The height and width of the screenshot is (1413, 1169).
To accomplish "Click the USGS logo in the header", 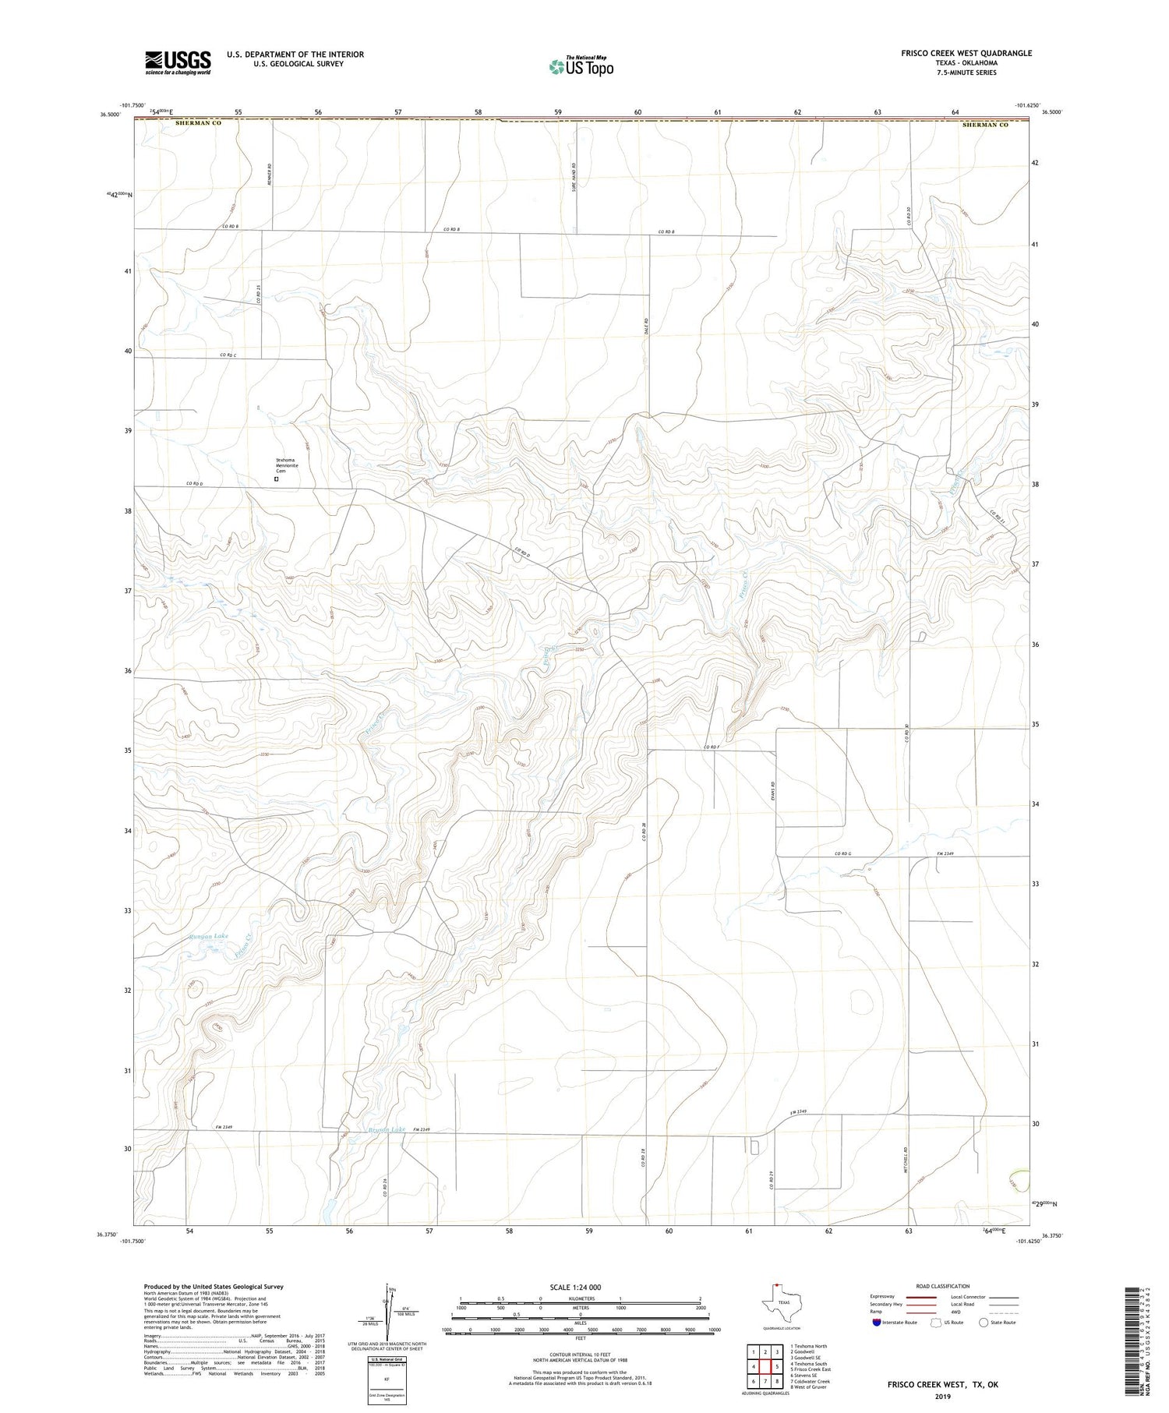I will click(x=178, y=62).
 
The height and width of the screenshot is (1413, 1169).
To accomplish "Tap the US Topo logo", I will click(x=581, y=67).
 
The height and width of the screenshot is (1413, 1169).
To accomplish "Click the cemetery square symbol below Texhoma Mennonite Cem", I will click(x=276, y=480).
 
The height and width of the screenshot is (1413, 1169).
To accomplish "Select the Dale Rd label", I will click(x=647, y=323).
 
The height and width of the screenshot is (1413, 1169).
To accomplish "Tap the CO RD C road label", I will click(x=228, y=355).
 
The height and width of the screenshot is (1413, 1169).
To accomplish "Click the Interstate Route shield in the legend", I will click(x=877, y=1323).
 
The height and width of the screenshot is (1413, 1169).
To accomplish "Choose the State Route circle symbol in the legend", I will click(x=984, y=1323).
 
